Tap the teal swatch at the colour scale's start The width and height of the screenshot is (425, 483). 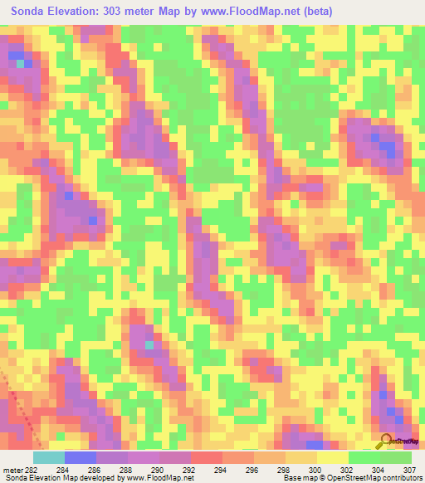[49, 456]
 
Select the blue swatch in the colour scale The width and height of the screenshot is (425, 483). [81, 456]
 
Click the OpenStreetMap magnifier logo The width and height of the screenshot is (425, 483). [387, 442]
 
